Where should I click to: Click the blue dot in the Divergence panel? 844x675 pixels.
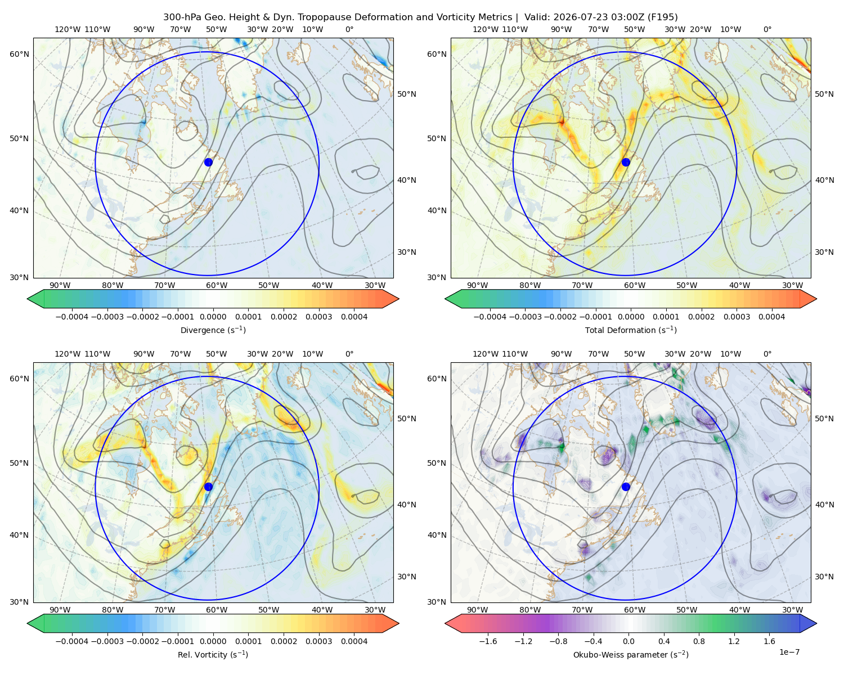tap(208, 163)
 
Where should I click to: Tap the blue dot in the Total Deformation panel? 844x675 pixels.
tap(626, 163)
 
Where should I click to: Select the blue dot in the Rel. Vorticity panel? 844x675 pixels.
tap(208, 487)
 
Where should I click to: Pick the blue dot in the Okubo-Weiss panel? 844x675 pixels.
tap(626, 487)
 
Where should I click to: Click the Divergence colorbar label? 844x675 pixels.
tap(213, 330)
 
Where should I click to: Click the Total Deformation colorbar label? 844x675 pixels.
tap(631, 330)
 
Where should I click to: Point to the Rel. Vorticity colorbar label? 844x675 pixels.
tap(213, 655)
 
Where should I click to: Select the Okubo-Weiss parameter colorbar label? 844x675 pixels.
tap(631, 655)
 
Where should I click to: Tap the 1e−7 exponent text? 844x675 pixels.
tap(789, 652)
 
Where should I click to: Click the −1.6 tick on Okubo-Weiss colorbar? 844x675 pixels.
tap(488, 641)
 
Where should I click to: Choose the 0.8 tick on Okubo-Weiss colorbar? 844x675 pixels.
tap(699, 641)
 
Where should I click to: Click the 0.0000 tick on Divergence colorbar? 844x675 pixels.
tap(213, 317)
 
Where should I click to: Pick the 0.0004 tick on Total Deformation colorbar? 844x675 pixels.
tap(771, 317)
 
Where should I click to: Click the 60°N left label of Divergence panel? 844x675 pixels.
tap(19, 54)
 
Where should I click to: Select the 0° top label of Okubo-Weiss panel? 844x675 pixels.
tap(767, 354)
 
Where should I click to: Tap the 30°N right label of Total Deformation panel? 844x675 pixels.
tap(824, 252)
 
